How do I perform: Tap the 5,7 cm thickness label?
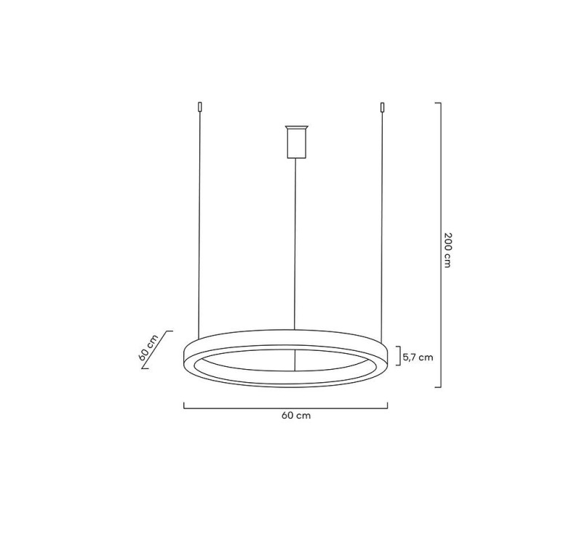(x=418, y=357)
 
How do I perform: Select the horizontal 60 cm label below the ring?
(x=286, y=416)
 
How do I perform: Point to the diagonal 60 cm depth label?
(x=148, y=349)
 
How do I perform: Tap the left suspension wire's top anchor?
(x=199, y=108)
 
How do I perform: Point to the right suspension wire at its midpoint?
(x=381, y=218)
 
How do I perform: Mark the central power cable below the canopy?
(x=295, y=240)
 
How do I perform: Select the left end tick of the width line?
(x=183, y=406)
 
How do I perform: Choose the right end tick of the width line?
(x=387, y=406)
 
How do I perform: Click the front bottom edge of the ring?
(x=285, y=385)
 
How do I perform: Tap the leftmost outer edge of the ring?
(x=183, y=357)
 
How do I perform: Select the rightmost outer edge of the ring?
(x=388, y=357)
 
